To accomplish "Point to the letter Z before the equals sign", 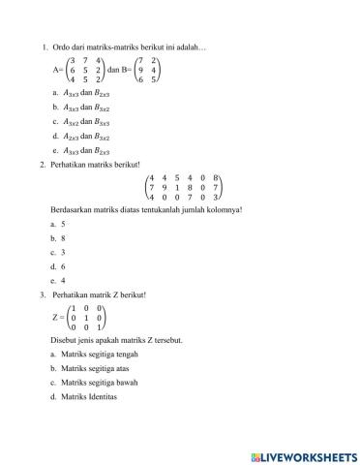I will coord(55,317).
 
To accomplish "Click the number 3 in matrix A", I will coord(74,60).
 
